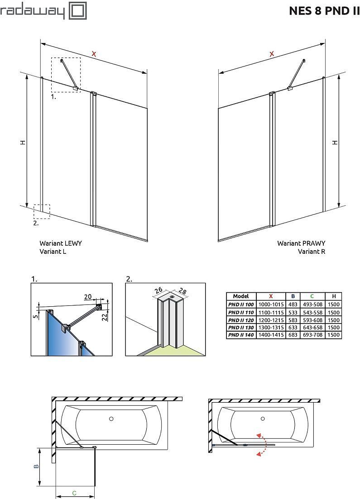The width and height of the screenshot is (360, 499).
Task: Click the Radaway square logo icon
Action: (77, 10)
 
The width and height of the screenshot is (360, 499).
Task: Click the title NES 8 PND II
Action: (324, 11)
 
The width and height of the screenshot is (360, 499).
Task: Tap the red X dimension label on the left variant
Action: (94, 54)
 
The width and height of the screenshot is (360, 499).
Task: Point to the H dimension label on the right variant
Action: (335, 142)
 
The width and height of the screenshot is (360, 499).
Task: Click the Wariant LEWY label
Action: (61, 243)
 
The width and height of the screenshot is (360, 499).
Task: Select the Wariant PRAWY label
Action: (301, 243)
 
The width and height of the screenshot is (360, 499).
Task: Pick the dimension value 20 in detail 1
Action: (87, 297)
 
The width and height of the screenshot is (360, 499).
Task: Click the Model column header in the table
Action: (240, 296)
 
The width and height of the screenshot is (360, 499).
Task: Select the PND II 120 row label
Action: (240, 320)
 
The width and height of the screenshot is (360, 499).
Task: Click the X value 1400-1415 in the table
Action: (271, 335)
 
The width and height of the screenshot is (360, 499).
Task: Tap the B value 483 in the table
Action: (293, 304)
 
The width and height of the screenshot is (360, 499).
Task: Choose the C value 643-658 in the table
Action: (312, 328)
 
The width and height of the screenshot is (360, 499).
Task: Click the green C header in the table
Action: (312, 296)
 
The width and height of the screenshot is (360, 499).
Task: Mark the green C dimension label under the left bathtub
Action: (75, 493)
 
